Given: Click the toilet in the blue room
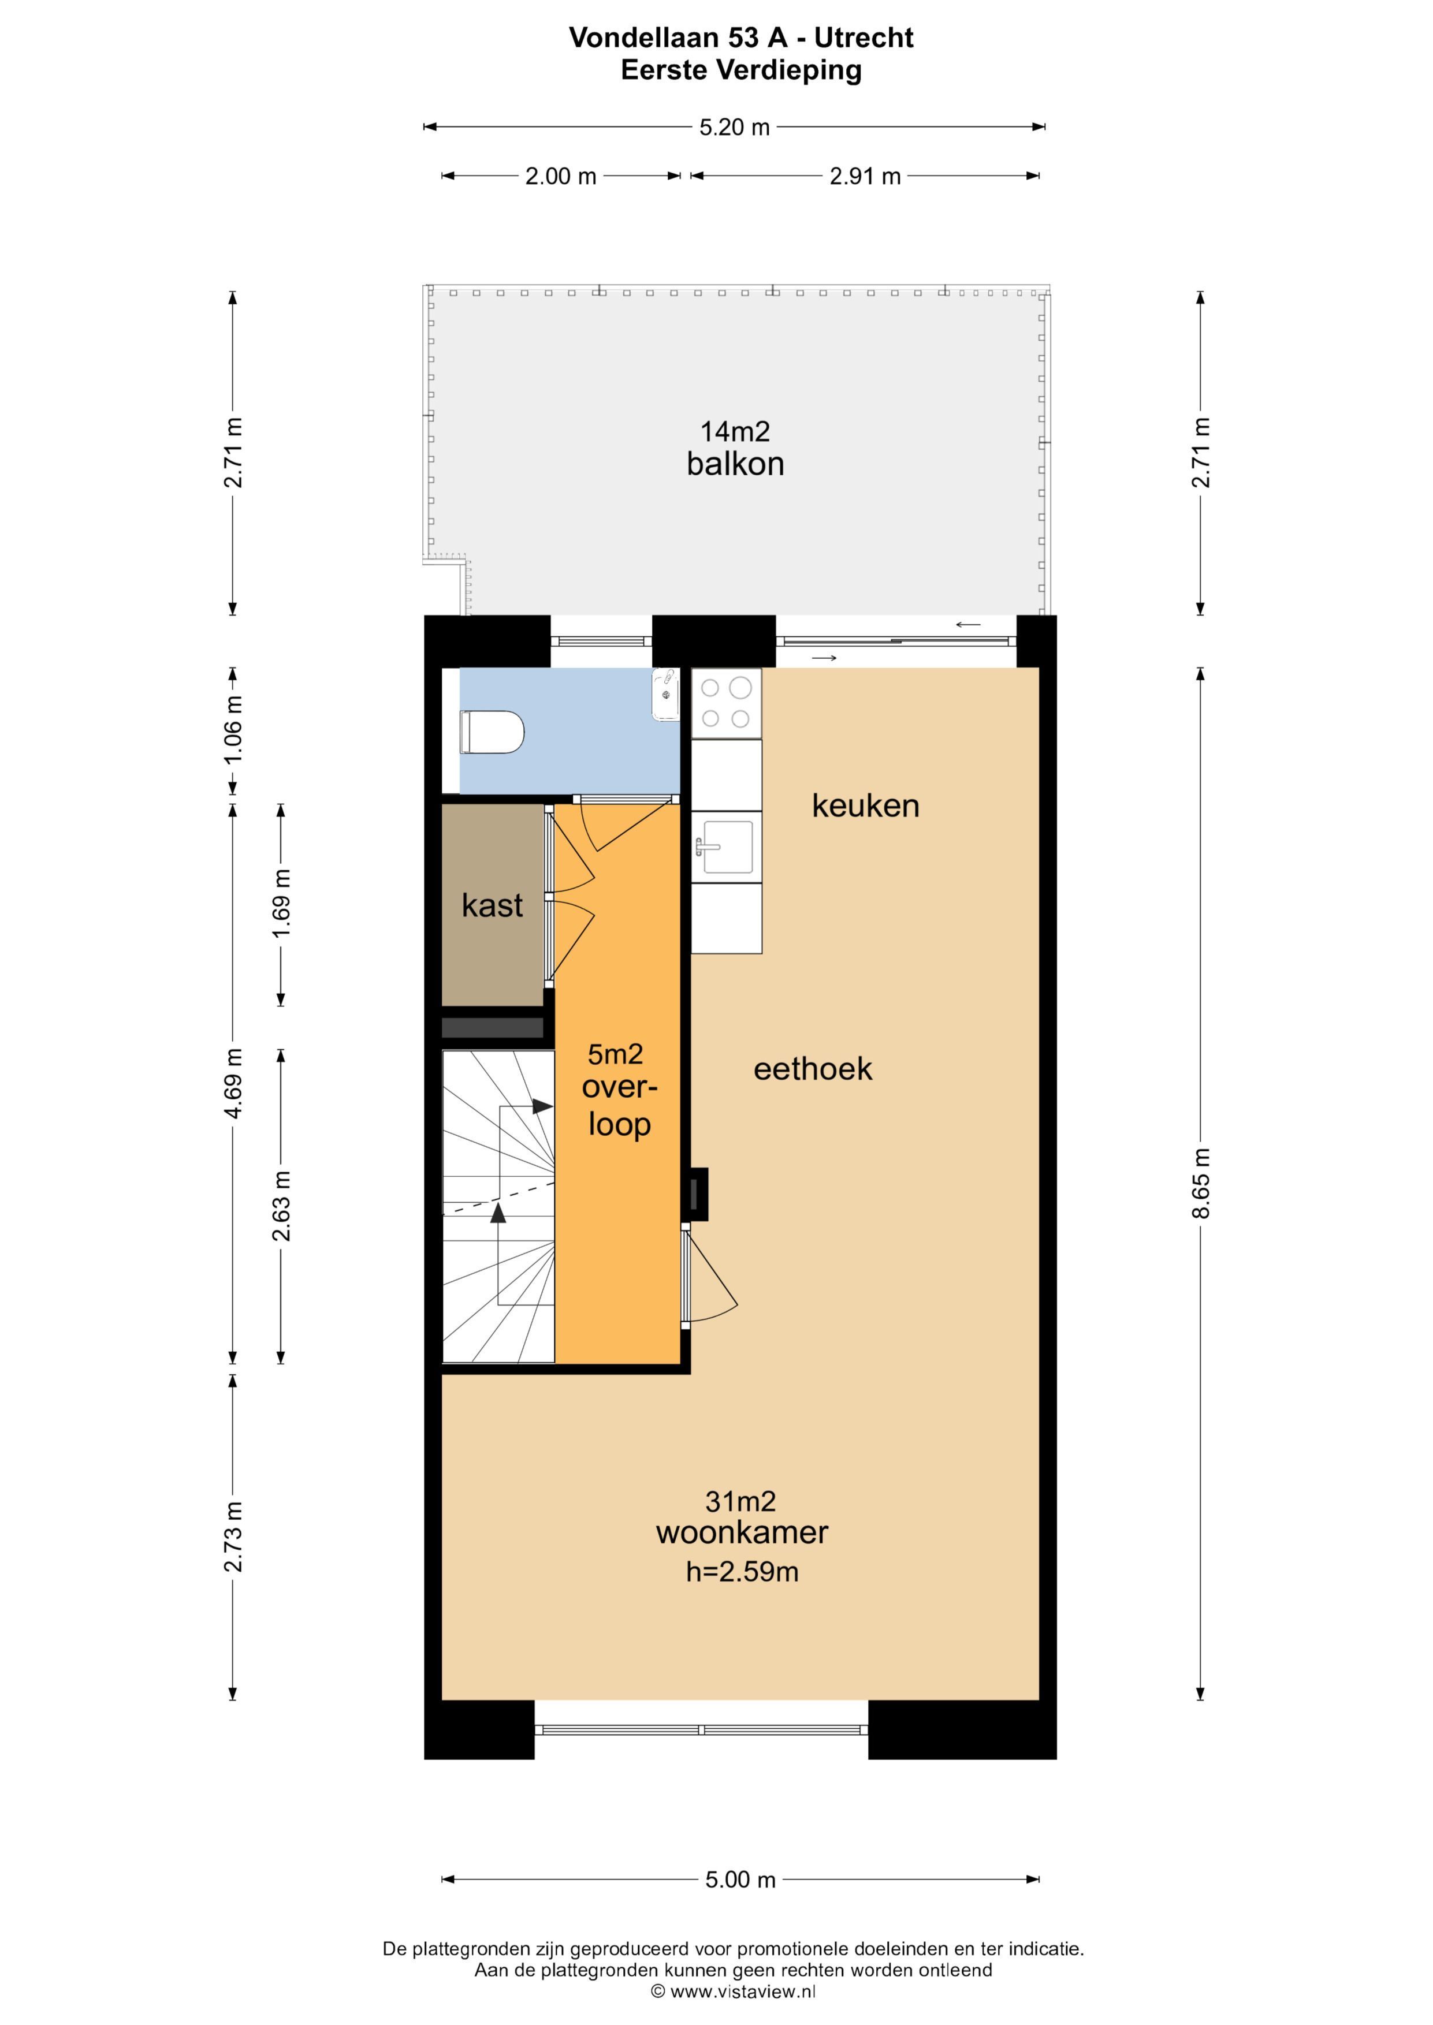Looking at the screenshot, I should point(492,732).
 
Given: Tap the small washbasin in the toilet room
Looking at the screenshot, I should point(665,695).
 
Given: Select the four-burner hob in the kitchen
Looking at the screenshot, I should point(726,703).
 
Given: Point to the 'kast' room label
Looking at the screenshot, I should point(492,906).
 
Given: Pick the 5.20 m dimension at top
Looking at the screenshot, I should point(734,127).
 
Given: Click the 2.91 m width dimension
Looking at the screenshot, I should point(865,176).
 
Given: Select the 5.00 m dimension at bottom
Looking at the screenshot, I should point(739,1879).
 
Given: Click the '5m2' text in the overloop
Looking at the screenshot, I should point(615,1054).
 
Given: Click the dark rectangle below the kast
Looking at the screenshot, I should point(492,1027).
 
